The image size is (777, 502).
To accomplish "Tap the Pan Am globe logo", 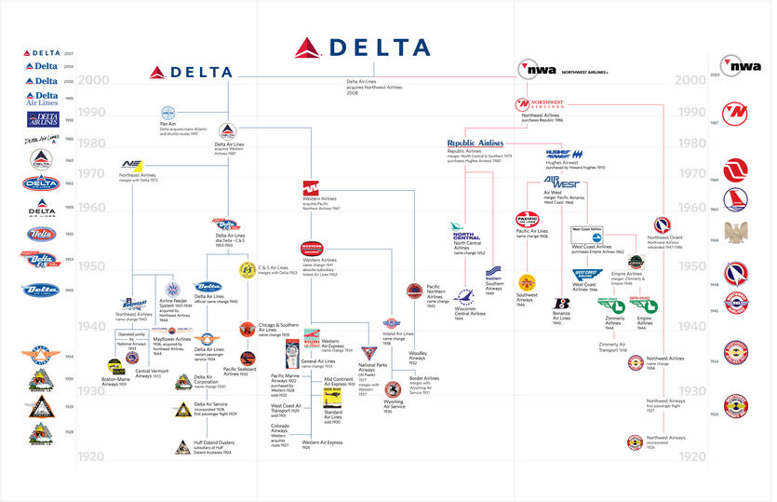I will (168, 112).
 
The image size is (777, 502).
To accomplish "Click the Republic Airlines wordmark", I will (475, 142).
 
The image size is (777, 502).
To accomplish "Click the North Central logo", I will (465, 234).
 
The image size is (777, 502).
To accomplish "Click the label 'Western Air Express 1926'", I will (322, 444).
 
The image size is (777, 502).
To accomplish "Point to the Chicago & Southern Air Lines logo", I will (247, 328).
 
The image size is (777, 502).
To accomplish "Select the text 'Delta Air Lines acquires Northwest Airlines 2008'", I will (366, 88).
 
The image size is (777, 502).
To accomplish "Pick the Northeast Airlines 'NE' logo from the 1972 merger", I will (130, 164).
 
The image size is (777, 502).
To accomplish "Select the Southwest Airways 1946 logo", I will (527, 281).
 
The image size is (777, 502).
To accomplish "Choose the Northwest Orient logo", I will (663, 225).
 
